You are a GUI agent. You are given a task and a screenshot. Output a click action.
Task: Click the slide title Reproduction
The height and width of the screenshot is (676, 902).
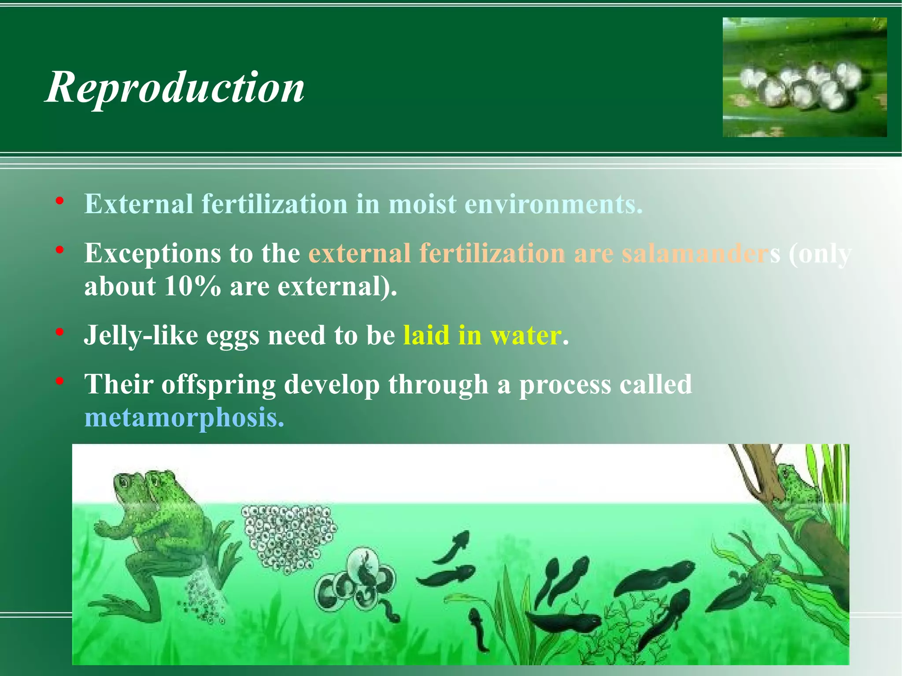pos(175,87)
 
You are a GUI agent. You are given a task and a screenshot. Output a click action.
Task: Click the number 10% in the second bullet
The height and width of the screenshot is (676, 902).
pos(192,287)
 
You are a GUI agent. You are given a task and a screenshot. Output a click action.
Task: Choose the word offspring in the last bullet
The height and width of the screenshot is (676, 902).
pos(218,384)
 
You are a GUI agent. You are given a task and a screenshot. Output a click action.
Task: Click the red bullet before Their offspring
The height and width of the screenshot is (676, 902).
pos(60,380)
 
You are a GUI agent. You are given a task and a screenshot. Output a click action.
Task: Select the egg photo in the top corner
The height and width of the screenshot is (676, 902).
pos(804,77)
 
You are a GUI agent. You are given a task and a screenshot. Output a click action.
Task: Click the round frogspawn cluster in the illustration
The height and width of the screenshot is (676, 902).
pos(289,538)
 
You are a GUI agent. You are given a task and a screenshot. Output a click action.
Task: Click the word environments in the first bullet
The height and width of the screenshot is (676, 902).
pos(553,204)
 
